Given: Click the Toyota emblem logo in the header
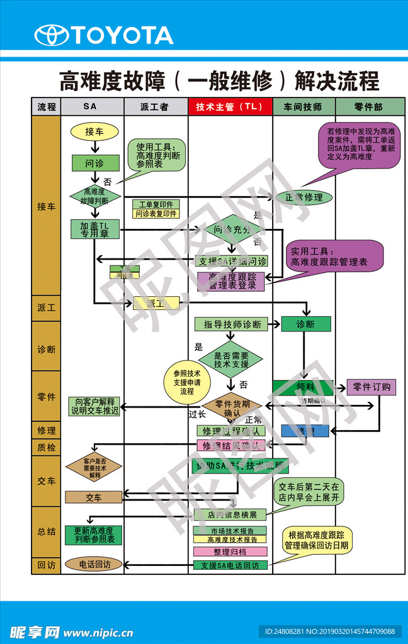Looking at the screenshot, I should coord(51,35).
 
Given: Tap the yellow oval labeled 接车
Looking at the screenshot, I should coord(94,131).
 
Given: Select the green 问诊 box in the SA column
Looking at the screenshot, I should coord(94,162).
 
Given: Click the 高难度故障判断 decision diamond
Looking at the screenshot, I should coord(94,196).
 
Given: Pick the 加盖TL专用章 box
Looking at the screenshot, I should coord(94,230).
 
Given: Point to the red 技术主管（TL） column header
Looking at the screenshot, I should coord(230,107).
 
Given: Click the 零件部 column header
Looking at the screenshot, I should coord(368,107).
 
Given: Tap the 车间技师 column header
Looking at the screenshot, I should coord(303,107).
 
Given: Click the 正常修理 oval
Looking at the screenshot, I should coord(304,197).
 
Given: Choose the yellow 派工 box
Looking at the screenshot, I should coord(156,303).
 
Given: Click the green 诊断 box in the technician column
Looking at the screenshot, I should coord(306,325).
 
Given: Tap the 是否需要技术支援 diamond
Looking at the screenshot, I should coord(231,360).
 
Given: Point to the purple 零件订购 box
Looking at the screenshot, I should coord(371,387).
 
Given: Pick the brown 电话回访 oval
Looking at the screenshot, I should coord(94,564).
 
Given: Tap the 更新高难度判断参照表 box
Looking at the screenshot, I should coord(94,535).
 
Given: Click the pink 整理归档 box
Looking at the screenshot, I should coord(230,552).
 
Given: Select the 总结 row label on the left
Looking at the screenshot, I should coord(46,531).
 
